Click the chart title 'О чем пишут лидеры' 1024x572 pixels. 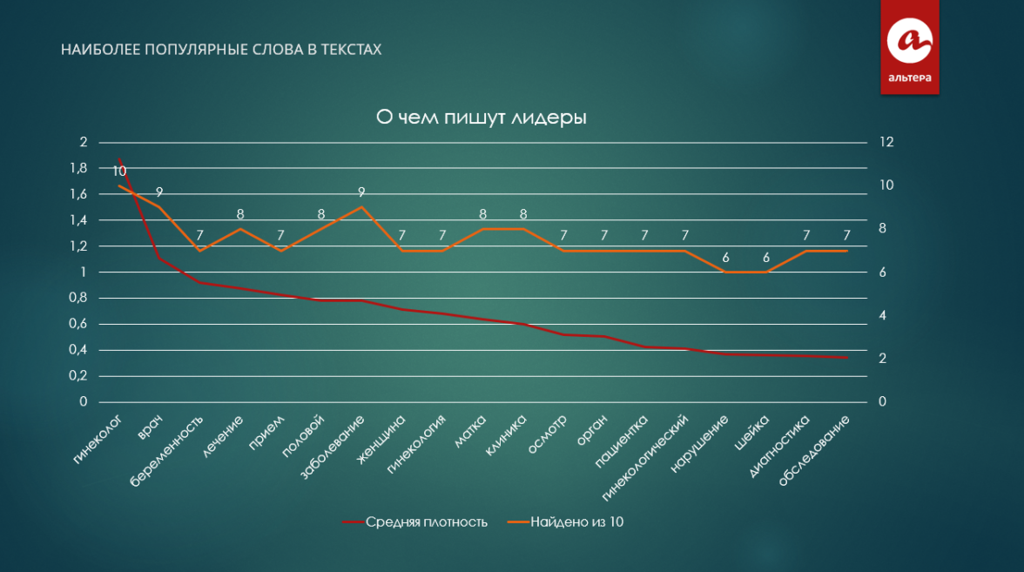click(x=480, y=118)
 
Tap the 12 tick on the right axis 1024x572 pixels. click(x=886, y=142)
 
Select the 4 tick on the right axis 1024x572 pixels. click(x=882, y=315)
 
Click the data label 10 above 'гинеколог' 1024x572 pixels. click(x=119, y=171)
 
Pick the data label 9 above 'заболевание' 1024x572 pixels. click(x=360, y=192)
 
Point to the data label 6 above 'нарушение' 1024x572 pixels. click(x=726, y=257)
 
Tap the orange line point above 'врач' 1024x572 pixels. click(x=159, y=207)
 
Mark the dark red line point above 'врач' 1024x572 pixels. click(x=159, y=259)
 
